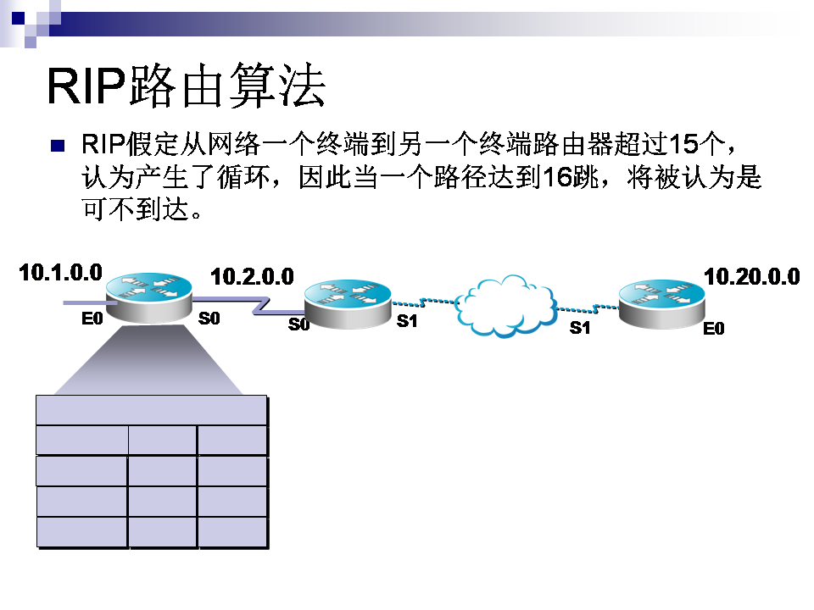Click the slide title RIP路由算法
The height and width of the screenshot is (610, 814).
(x=186, y=86)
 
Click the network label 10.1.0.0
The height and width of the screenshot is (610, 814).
(x=61, y=272)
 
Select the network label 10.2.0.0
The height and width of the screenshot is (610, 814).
(x=252, y=276)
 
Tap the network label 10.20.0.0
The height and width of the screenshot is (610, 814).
(x=751, y=276)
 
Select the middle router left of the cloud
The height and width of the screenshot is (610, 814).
(x=348, y=304)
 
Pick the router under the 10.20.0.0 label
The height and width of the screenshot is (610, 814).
(x=661, y=304)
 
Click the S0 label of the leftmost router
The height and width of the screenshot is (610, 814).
(x=209, y=319)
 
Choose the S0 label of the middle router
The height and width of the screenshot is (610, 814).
(x=298, y=324)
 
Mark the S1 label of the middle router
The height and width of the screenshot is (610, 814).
(x=407, y=322)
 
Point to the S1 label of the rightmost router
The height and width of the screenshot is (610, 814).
(x=580, y=328)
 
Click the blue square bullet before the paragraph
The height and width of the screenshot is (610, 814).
(x=58, y=145)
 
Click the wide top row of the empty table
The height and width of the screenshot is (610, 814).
(x=152, y=410)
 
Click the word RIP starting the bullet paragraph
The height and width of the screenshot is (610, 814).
(x=103, y=144)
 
